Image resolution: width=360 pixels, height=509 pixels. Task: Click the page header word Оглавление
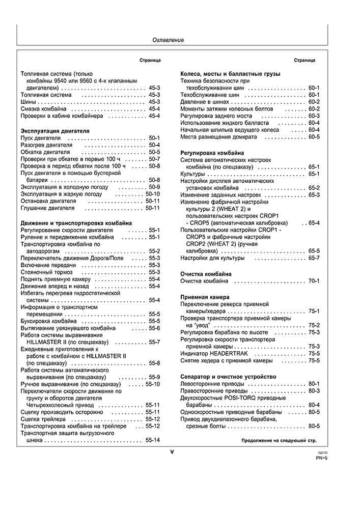pyautogui.click(x=168, y=40)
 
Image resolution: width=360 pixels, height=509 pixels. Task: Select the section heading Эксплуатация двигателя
pyautogui.click(x=54, y=131)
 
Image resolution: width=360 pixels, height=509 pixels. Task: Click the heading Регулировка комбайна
pyautogui.click(x=212, y=153)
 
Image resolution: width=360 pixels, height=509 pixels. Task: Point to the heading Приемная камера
pyautogui.click(x=205, y=297)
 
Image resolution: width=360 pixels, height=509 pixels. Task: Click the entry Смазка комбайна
pyautogui.click(x=43, y=109)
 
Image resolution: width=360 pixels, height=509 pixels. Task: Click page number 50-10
pyautogui.click(x=153, y=194)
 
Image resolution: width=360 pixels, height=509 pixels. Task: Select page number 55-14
pyautogui.click(x=153, y=440)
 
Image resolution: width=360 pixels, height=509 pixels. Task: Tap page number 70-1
pyautogui.click(x=314, y=281)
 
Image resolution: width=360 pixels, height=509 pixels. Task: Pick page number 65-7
pyautogui.click(x=314, y=258)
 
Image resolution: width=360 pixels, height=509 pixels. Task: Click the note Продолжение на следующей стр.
pyautogui.click(x=279, y=440)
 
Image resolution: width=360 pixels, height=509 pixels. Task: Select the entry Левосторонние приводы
pyautogui.click(x=213, y=383)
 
